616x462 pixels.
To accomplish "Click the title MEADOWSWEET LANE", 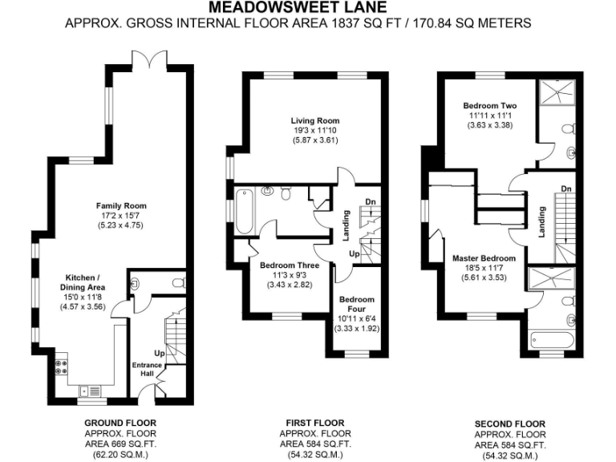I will pyautogui.click(x=308, y=8).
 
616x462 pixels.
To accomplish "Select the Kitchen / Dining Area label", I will pyautogui.click(x=83, y=282).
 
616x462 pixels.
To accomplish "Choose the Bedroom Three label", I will pyautogui.click(x=290, y=265).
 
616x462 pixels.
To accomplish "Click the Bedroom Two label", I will pyautogui.click(x=489, y=105).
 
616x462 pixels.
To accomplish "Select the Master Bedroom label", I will pyautogui.click(x=484, y=258).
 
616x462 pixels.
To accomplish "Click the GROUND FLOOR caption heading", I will pyautogui.click(x=120, y=423).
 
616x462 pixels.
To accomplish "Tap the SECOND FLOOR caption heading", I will pyautogui.click(x=510, y=424).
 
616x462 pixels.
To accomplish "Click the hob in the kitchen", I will pyautogui.click(x=60, y=371).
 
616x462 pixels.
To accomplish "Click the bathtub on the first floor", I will pyautogui.click(x=245, y=206).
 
